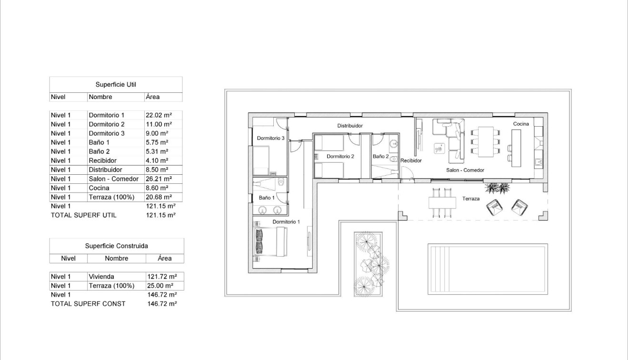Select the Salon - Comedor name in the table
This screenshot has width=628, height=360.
(x=113, y=179)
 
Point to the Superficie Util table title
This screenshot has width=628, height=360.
(x=116, y=84)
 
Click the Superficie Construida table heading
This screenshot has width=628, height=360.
(x=116, y=246)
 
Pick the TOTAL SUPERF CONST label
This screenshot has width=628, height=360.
(x=88, y=303)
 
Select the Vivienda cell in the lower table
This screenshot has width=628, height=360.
(x=101, y=277)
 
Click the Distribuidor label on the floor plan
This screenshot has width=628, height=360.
(x=350, y=126)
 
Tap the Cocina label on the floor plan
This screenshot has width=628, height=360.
(x=521, y=124)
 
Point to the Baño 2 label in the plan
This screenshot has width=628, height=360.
(x=380, y=156)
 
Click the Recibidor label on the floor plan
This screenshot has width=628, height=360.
(x=410, y=160)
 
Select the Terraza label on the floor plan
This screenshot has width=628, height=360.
(x=470, y=199)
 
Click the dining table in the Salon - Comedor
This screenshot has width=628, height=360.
(x=485, y=141)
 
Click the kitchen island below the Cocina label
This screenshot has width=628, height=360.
(x=517, y=148)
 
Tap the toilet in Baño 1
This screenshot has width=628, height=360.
(x=280, y=182)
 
